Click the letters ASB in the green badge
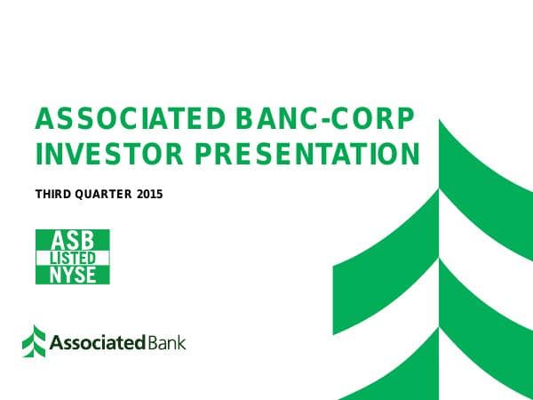[72, 240]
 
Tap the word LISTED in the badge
[72, 257]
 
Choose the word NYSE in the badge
[72, 274]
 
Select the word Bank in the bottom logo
[167, 342]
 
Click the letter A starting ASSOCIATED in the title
[41, 119]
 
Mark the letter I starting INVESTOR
[38, 155]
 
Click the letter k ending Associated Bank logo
[181, 342]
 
